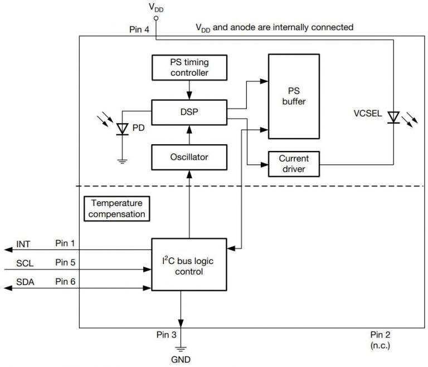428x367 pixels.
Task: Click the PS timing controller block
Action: pyautogui.click(x=189, y=67)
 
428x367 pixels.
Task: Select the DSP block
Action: pyautogui.click(x=189, y=112)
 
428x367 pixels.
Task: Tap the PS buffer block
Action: pyautogui.click(x=294, y=96)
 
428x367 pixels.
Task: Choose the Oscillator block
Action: pyautogui.click(x=189, y=157)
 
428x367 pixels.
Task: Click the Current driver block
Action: pyautogui.click(x=294, y=163)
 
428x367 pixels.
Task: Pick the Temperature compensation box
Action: pyautogui.click(x=118, y=208)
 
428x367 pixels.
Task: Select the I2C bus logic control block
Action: pyautogui.click(x=189, y=264)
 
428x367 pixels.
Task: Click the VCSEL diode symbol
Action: pyautogui.click(x=394, y=118)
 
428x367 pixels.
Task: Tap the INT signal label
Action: pyautogui.click(x=23, y=244)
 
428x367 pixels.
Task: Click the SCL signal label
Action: pyautogui.click(x=25, y=263)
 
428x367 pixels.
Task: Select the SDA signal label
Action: pyautogui.click(x=25, y=282)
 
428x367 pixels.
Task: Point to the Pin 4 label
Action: pyautogui.click(x=139, y=30)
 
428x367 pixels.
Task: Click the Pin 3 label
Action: pyautogui.click(x=167, y=335)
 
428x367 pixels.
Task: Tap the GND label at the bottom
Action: pyautogui.click(x=181, y=360)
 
